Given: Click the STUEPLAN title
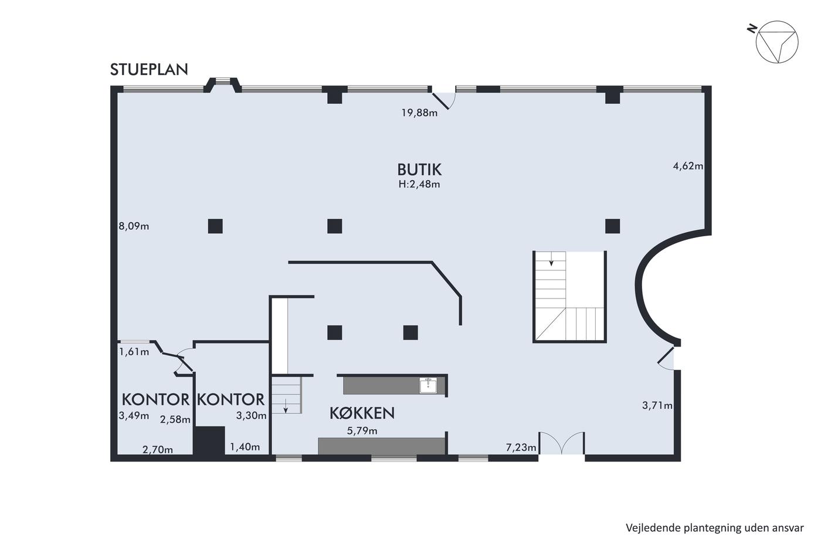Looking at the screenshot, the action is pos(149,70).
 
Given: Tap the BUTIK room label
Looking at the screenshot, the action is pos(419,169).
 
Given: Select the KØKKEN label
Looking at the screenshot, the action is pos(362,413).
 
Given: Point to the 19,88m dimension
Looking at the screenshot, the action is pos(419,113).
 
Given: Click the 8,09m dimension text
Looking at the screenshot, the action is pos(134,226).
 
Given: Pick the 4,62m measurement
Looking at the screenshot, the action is pos(688,166).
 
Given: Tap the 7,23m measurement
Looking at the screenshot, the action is pos(521,447).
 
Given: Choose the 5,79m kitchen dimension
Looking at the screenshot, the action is pos(362,431).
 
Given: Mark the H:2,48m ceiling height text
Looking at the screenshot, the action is pos(419,184).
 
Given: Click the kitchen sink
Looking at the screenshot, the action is pos(428,385).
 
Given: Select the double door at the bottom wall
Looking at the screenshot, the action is pos(562,443).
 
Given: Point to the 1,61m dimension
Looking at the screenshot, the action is pos(134,352).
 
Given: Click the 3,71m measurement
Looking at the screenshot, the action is pos(657,405).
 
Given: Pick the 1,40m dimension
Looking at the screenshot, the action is pos(245,447).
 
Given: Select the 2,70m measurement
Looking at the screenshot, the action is pos(158,450).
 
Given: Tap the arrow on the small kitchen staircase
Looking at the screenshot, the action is pos(286,406).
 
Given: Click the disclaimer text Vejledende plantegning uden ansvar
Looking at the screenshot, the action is pos(714,528).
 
